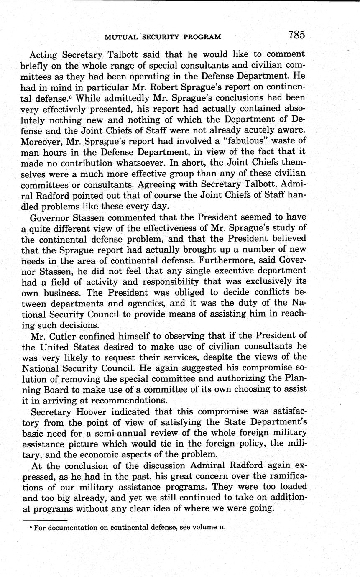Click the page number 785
point(296,35)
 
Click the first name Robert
point(156,87)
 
